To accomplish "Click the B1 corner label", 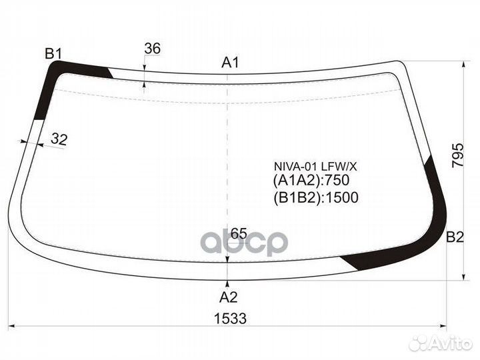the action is [x=53, y=54].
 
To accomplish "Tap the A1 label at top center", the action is [x=230, y=63].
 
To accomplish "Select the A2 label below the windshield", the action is [x=229, y=297].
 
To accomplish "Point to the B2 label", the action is [x=455, y=237].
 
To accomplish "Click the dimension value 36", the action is [x=152, y=49].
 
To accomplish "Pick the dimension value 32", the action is [x=59, y=139].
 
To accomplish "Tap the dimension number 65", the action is [x=239, y=233].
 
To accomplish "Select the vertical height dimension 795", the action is [x=457, y=155].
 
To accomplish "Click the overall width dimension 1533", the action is [x=230, y=319].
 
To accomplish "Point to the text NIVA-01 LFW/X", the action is [x=315, y=167].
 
